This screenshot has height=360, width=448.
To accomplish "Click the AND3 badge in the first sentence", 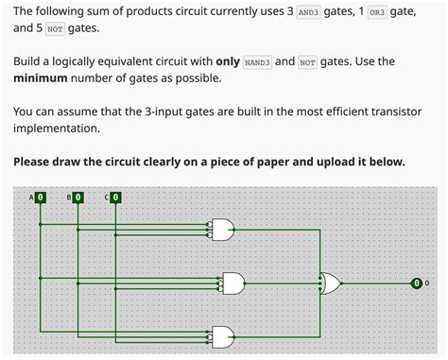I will point(309,13).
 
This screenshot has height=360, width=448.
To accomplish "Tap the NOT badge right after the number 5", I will point(55,30).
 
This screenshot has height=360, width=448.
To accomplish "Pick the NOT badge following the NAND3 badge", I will point(307,62).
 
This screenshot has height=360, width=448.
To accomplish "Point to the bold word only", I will point(227,62).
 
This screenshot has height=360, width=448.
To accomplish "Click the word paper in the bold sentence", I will point(280,162).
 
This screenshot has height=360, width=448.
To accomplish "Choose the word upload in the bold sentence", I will point(332,162).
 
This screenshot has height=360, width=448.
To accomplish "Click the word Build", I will point(30,62).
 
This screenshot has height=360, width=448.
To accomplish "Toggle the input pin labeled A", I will point(40,197).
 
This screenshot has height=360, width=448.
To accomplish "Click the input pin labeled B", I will point(77,197).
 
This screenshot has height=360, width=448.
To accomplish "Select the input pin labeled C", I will point(114,197).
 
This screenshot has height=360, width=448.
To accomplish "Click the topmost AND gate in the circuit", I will point(225,228).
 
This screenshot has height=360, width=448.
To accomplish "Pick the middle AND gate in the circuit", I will point(233,282).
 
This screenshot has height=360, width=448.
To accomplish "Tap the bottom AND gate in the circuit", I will point(225,335).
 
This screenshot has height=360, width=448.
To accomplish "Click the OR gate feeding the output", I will point(331,282).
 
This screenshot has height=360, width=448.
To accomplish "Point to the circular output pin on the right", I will point(416,282).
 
